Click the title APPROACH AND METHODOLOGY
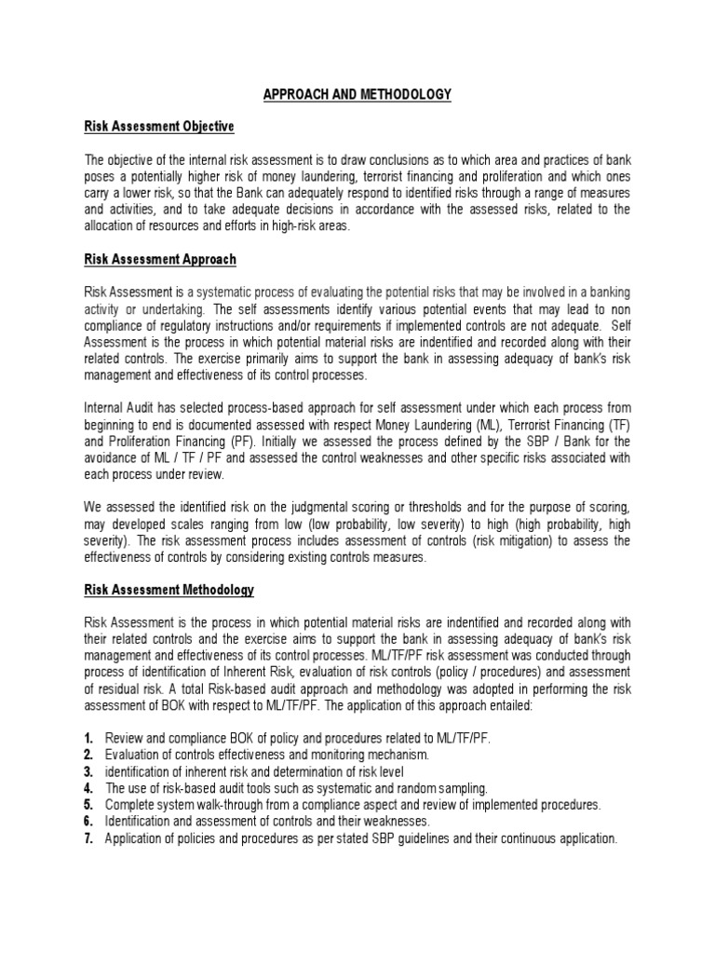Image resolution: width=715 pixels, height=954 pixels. [357, 94]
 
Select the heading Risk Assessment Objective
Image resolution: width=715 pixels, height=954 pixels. [159, 126]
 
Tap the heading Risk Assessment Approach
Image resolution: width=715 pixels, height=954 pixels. [160, 259]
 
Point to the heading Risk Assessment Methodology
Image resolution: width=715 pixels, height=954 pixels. [169, 590]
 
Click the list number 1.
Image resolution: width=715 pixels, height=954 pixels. [88, 738]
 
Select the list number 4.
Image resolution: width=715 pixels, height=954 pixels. [88, 788]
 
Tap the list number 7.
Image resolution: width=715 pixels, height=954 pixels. [88, 838]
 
